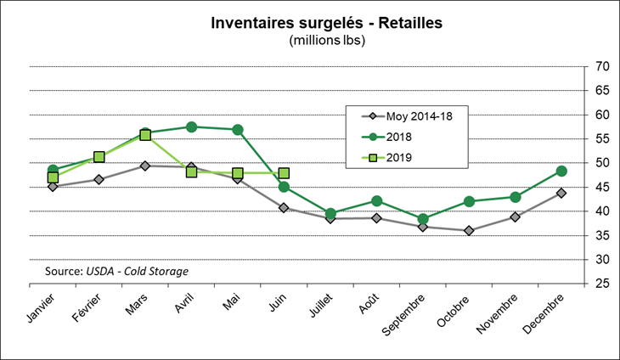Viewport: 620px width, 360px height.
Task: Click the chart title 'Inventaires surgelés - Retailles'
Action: pos(326,23)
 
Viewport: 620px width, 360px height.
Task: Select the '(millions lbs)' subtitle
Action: pos(327,40)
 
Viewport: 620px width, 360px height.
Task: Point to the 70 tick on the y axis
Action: pos(601,67)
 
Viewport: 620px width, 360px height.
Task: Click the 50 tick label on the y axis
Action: pos(601,163)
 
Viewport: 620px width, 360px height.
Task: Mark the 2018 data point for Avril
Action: pos(192,127)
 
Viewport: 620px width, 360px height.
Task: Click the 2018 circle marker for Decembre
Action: pos(561,171)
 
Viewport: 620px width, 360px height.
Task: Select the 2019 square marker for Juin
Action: pos(284,173)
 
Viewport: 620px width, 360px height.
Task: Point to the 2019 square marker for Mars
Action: pos(145,134)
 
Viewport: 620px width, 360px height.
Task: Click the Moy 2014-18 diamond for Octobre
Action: pos(469,230)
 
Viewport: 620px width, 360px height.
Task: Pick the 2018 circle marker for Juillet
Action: pos(330,213)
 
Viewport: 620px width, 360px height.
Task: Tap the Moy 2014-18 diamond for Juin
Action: pos(284,207)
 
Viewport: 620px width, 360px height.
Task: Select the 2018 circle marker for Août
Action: pos(376,200)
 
